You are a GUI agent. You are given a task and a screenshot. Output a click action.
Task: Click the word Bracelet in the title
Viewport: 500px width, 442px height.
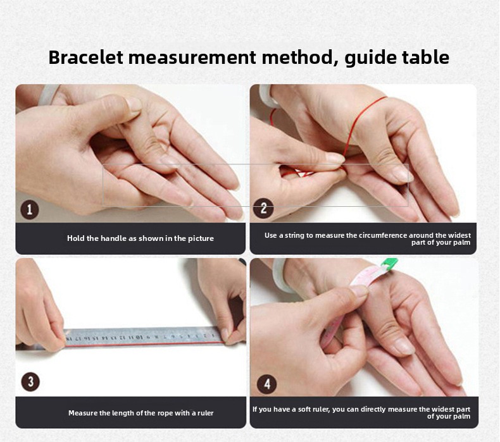point(86,58)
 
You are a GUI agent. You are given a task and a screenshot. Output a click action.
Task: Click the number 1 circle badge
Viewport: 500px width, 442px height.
point(30,210)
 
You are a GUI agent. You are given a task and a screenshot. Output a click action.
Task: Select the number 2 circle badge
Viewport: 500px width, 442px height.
point(263,208)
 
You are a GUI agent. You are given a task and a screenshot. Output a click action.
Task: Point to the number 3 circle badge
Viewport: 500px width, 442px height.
point(30,381)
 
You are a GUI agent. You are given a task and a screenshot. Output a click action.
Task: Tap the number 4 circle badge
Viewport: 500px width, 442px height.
point(266,384)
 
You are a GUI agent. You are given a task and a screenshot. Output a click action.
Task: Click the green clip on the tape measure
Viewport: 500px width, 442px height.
point(389,262)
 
